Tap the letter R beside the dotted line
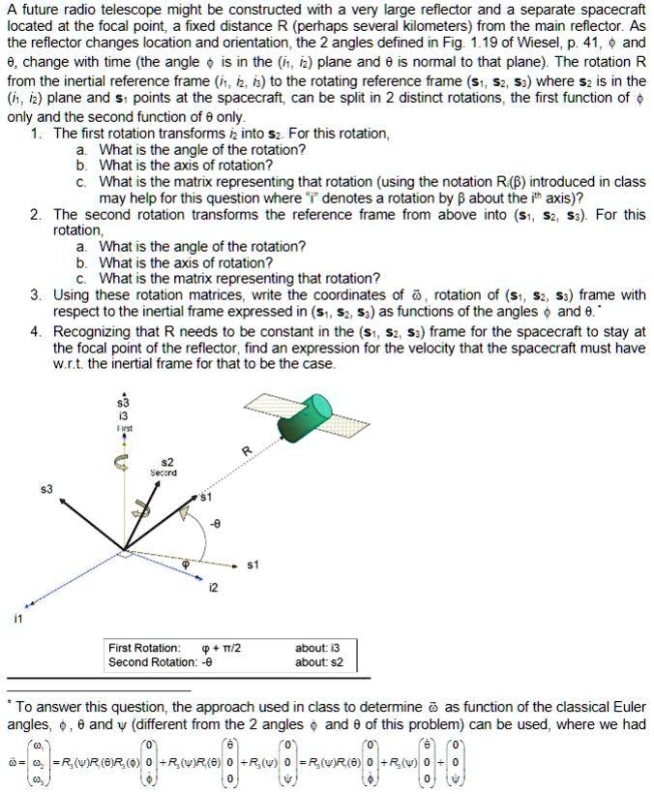coord(247,450)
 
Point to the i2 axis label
coord(215,587)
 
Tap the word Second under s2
coord(163,473)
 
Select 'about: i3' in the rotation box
coord(317,647)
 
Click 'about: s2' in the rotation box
coord(318,662)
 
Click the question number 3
coord(35,294)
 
